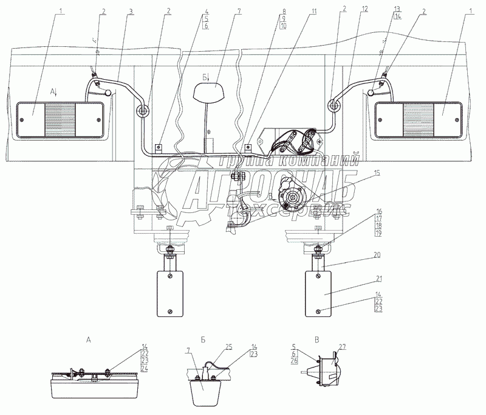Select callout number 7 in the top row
[222, 11]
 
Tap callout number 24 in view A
[145, 369]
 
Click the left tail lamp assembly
[60, 119]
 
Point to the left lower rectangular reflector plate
[168, 293]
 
